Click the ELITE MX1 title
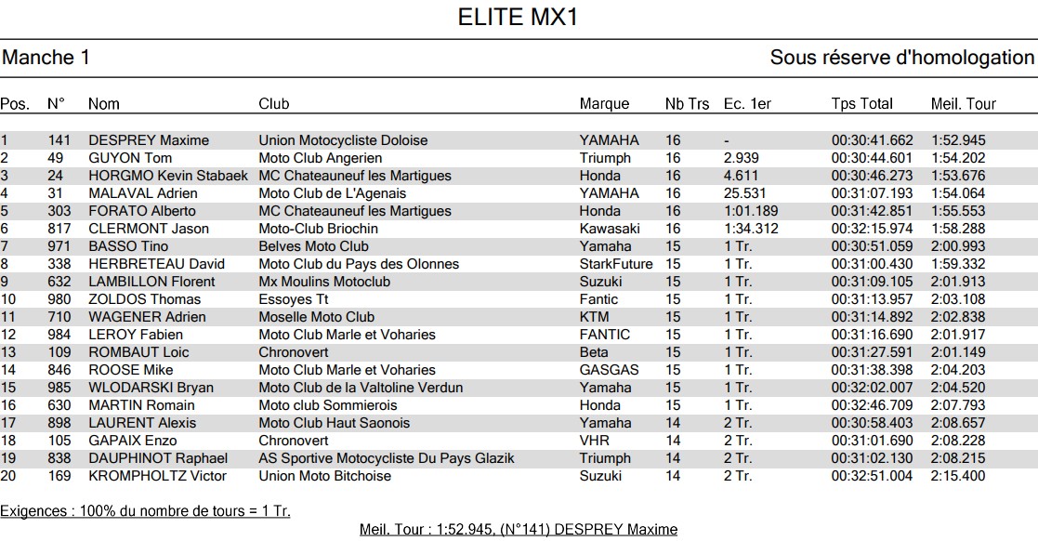coord(519,18)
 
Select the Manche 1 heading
coord(46,58)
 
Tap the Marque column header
coord(604,104)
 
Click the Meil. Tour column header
coord(963,104)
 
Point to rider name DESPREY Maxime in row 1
coord(149,140)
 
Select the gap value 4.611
coord(741,176)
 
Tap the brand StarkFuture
coord(616,264)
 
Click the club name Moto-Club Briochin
coord(318,229)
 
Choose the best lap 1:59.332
coord(958,264)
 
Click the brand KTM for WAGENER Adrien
coord(594,317)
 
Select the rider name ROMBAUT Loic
coord(138,352)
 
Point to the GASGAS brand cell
coord(609,370)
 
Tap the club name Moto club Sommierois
coord(327,405)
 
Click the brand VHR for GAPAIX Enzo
coord(594,441)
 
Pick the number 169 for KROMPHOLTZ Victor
coord(59,476)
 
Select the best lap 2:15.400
coord(958,476)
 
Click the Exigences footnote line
coord(145,511)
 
